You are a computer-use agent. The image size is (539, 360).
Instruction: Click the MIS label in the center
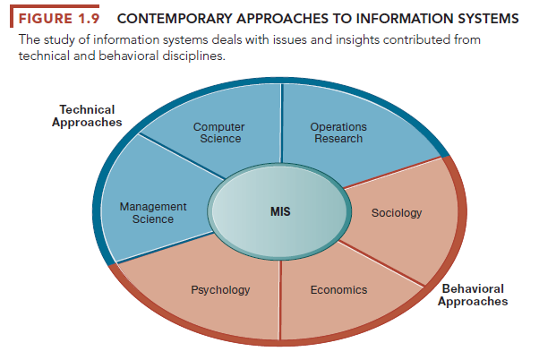280,212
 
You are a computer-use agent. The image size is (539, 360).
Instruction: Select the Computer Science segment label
218,133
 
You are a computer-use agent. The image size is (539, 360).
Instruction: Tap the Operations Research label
338,133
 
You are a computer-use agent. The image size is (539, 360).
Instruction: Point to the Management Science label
153,212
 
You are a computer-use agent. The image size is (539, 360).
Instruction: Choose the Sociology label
397,213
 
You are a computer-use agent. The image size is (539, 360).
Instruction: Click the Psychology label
220,290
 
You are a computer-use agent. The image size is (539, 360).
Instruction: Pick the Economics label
338,290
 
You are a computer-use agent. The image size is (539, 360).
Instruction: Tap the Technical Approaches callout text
86,116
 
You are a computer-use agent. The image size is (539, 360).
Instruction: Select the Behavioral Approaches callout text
473,295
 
